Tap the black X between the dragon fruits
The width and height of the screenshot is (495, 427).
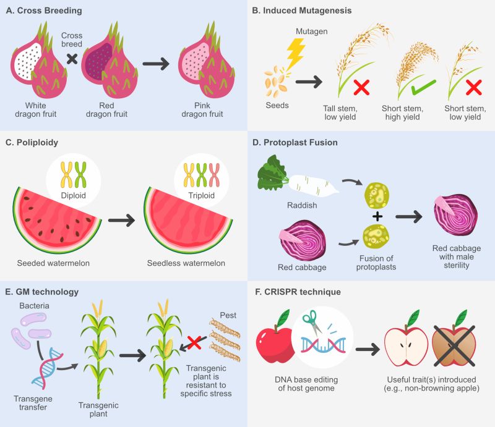[72, 58]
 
